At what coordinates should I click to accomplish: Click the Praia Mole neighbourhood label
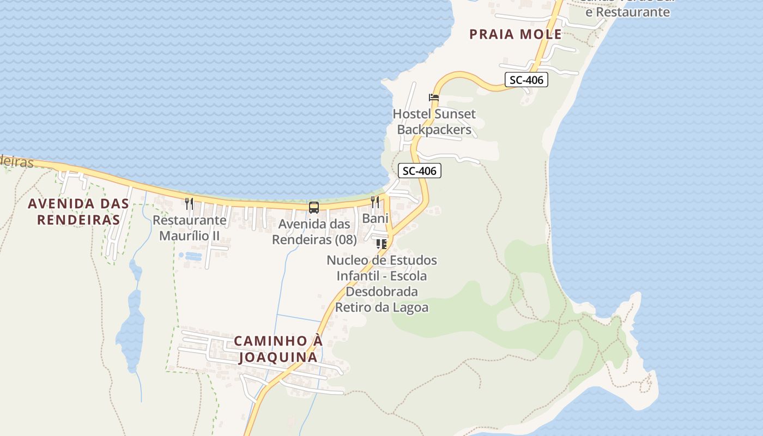pyautogui.click(x=515, y=34)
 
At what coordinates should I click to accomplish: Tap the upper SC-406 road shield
pyautogui.click(x=526, y=80)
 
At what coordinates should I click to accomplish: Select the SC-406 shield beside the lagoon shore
pyautogui.click(x=419, y=171)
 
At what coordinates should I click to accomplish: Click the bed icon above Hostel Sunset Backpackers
pyautogui.click(x=434, y=98)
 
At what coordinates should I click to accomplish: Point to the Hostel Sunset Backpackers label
pyautogui.click(x=434, y=122)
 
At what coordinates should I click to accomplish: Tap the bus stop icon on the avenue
pyautogui.click(x=314, y=207)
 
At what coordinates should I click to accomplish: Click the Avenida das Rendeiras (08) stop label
pyautogui.click(x=314, y=232)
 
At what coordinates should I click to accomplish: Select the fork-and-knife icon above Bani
pyautogui.click(x=375, y=202)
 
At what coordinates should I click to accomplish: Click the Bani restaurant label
pyautogui.click(x=376, y=219)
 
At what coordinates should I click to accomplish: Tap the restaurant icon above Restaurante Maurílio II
pyautogui.click(x=189, y=204)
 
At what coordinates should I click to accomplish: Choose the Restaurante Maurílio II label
pyautogui.click(x=190, y=228)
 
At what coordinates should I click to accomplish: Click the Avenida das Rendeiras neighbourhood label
pyautogui.click(x=78, y=211)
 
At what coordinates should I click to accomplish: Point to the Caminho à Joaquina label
pyautogui.click(x=278, y=349)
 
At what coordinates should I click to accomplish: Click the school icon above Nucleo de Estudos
pyautogui.click(x=381, y=244)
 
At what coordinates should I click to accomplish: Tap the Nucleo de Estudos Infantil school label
pyautogui.click(x=381, y=283)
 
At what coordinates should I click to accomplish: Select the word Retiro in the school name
pyautogui.click(x=353, y=307)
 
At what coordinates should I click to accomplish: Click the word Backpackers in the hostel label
pyautogui.click(x=434, y=130)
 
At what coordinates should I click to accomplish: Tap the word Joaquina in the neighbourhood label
pyautogui.click(x=278, y=357)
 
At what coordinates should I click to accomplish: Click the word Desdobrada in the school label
pyautogui.click(x=381, y=292)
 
